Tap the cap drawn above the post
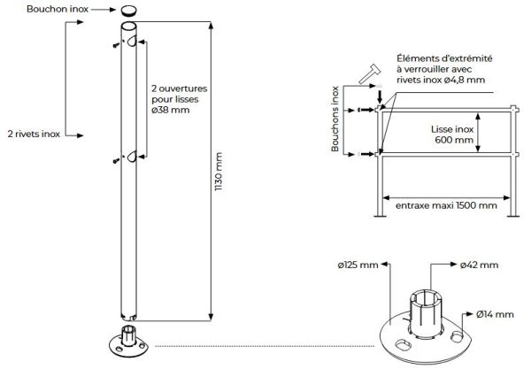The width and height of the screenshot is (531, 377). [129, 11]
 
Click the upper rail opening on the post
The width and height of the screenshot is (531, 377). [131, 42]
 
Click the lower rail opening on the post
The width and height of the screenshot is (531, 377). [131, 156]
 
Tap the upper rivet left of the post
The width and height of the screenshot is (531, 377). [116, 45]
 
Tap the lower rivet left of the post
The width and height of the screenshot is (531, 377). [116, 160]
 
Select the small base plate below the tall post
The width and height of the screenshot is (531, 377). [128, 342]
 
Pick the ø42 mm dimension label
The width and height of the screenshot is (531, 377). [479, 265]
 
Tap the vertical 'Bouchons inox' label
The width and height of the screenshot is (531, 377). [336, 119]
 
